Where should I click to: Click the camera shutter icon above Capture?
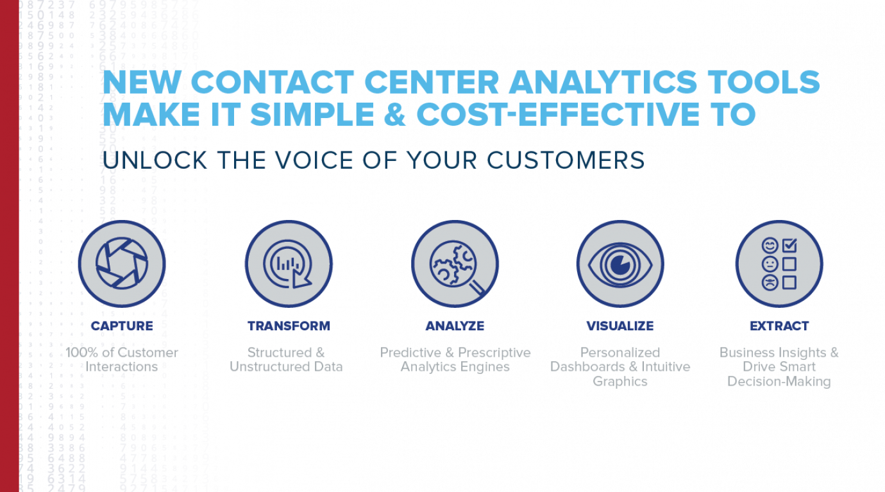(122, 264)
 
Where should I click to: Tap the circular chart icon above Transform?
(289, 264)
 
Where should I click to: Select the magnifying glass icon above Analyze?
(455, 264)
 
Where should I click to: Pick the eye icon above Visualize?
(620, 264)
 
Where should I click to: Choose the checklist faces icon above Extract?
(779, 264)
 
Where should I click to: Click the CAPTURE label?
(122, 326)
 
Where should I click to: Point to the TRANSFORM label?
(289, 326)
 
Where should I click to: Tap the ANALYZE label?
(455, 326)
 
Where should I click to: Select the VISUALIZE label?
(620, 326)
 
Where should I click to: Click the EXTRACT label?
(779, 326)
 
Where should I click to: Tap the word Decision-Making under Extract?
(779, 382)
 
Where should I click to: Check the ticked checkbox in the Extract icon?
(789, 245)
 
